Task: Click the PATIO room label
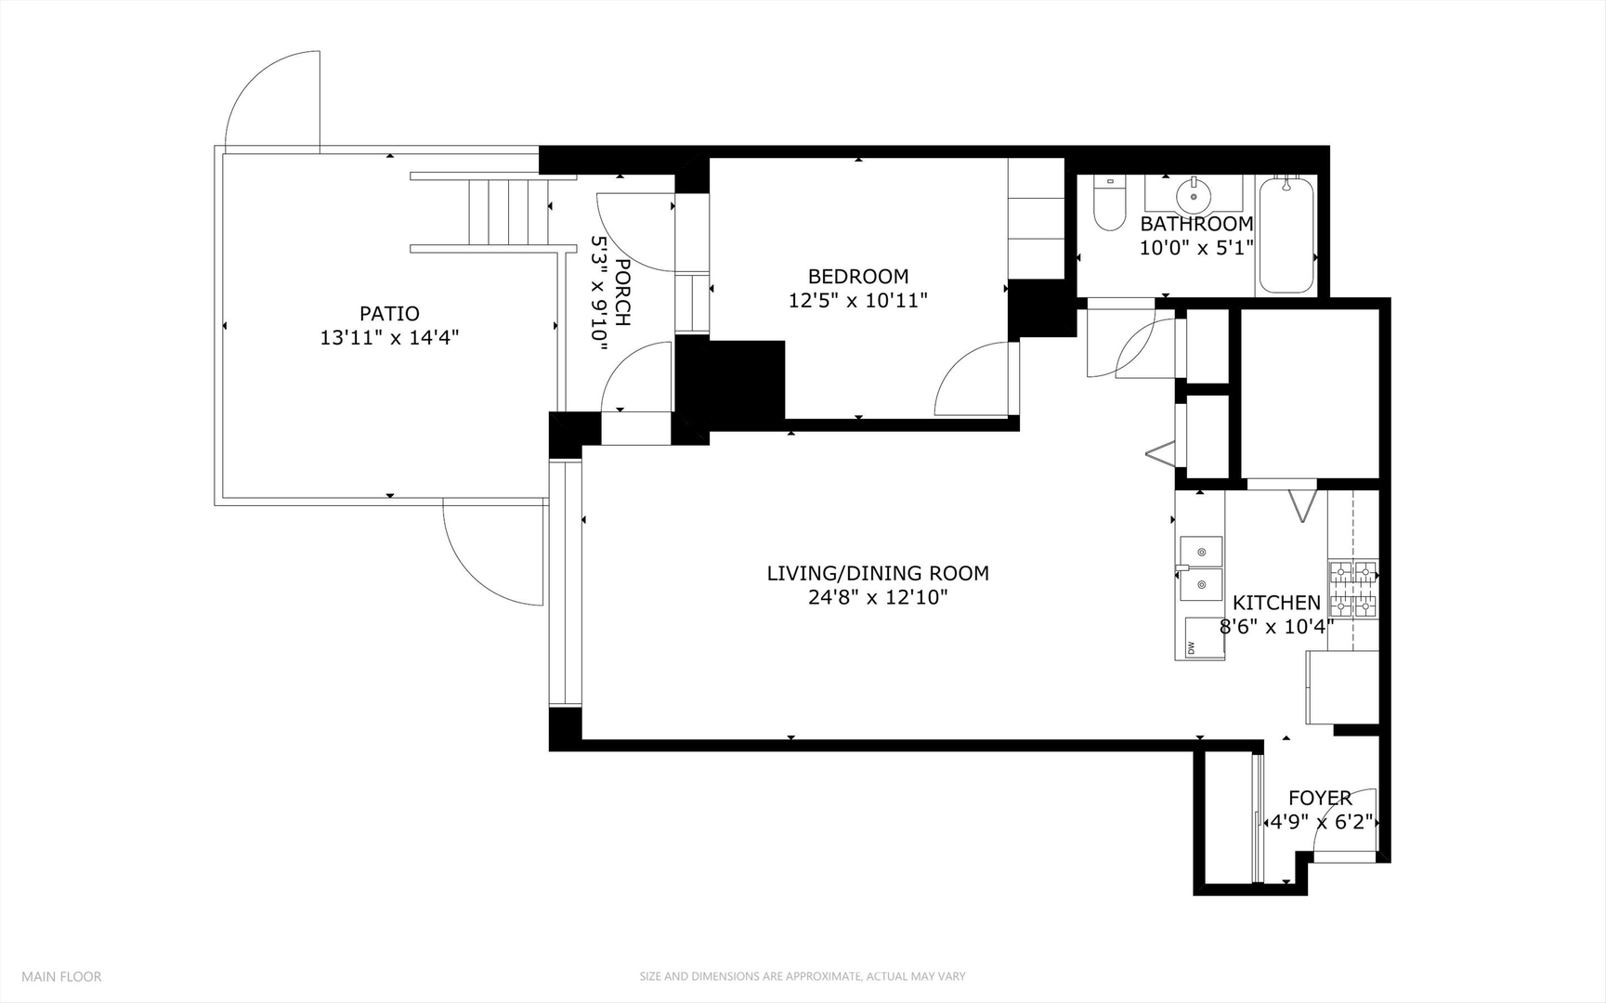coord(389,314)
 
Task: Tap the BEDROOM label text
coord(858,276)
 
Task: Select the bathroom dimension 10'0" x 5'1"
coord(1196,248)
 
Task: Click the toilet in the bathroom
coord(1109,203)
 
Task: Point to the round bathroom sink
coord(1193,195)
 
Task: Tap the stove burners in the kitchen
coord(1352,590)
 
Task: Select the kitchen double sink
coord(1201,568)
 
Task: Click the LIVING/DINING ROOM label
coord(878,573)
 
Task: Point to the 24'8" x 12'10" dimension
coord(878,597)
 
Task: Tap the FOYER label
coord(1320,798)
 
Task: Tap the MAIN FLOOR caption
coord(61,976)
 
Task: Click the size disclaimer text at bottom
coord(803,976)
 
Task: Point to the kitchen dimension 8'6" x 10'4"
coord(1276,627)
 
